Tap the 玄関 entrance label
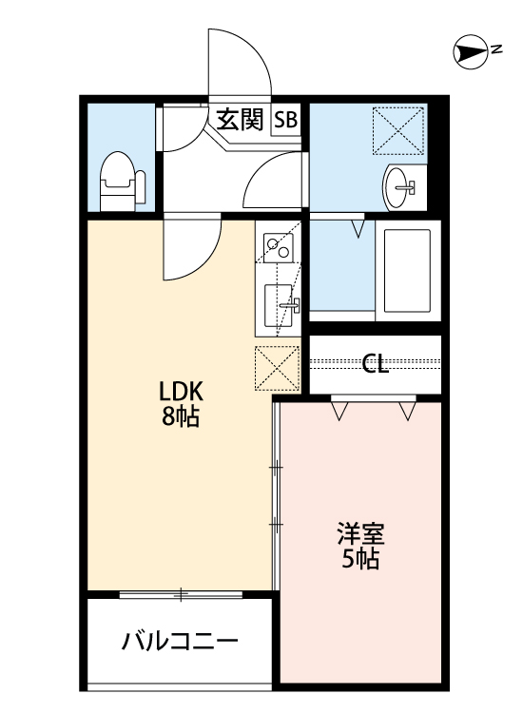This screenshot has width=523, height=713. (240, 120)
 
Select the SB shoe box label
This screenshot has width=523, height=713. (286, 121)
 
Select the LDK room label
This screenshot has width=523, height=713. (181, 392)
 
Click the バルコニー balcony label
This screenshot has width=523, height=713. (179, 642)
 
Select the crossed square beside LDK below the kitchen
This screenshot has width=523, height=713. (278, 368)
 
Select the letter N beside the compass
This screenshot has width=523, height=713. (496, 51)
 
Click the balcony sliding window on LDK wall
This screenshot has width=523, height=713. (181, 595)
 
